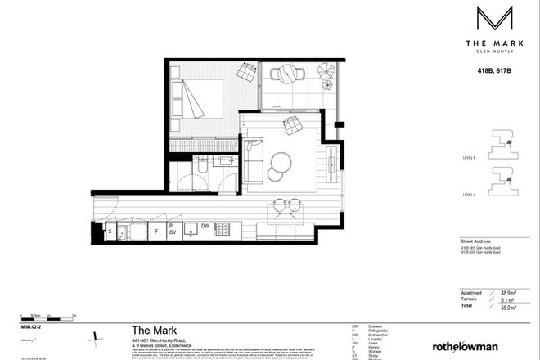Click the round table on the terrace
289,75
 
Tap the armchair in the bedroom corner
247,76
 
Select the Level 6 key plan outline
503,146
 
